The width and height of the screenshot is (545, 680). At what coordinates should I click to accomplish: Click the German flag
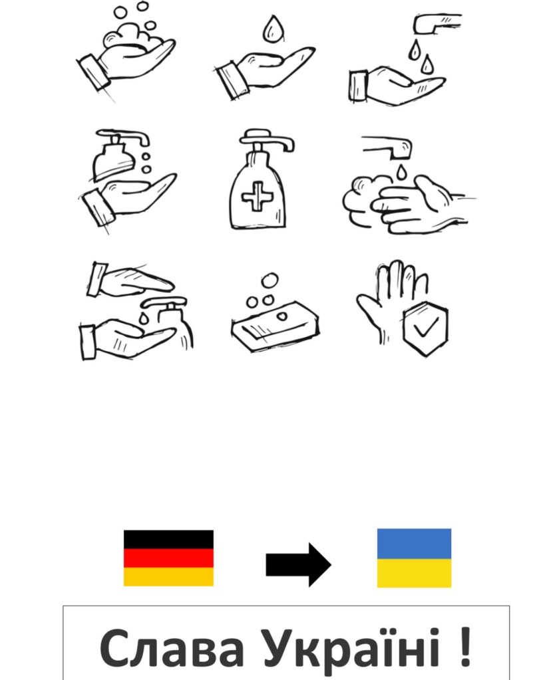tap(168, 558)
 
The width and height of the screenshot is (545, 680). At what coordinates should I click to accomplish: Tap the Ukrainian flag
tap(414, 558)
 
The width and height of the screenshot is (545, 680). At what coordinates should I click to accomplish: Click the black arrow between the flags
tap(298, 564)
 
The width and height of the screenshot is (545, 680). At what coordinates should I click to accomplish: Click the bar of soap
tap(275, 325)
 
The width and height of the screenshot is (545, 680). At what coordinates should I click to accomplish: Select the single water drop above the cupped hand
tap(273, 29)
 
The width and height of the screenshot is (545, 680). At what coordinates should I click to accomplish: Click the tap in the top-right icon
tap(436, 23)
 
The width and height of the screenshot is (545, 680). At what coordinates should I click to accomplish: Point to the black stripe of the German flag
tap(168, 540)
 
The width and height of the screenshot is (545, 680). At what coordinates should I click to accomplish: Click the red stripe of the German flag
tap(168, 558)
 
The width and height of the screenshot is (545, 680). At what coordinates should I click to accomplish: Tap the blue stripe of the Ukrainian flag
tap(414, 543)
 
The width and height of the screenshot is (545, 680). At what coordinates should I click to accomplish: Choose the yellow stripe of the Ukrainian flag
tap(414, 574)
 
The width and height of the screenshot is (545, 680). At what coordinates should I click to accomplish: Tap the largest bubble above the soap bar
tap(270, 281)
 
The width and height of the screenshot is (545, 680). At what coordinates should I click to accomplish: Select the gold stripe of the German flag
tap(168, 577)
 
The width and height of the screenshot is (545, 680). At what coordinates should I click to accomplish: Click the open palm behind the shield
tap(391, 299)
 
